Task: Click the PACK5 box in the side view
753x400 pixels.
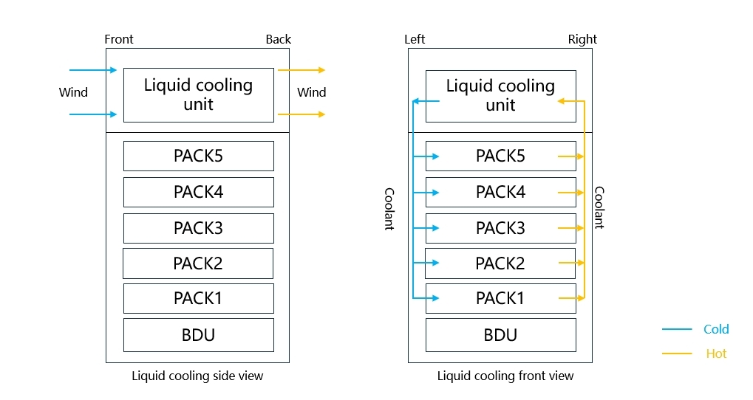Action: coord(198,156)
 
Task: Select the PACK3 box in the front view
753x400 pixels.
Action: coord(500,228)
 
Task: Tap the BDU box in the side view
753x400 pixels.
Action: coord(198,335)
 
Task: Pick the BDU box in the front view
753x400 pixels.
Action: coord(500,335)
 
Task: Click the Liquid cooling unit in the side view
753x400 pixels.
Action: coord(198,94)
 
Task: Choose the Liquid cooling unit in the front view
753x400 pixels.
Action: coord(500,95)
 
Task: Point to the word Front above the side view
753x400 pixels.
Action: coord(119,39)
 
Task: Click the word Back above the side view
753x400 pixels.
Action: coord(279,39)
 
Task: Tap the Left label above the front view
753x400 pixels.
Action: coord(415,39)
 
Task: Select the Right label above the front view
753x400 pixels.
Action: coord(582,39)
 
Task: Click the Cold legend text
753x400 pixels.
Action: coord(716,329)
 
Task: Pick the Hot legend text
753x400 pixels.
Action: coord(716,354)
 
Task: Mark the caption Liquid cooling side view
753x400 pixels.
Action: coord(197,376)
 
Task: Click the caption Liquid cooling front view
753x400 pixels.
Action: coord(505,376)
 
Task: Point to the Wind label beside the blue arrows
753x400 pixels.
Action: coord(73,92)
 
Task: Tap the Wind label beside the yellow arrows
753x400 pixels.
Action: coord(311,92)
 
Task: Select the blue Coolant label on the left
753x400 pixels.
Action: coord(389,209)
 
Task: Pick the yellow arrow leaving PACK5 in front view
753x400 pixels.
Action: coord(570,156)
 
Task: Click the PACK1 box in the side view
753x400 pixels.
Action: coord(198,298)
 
